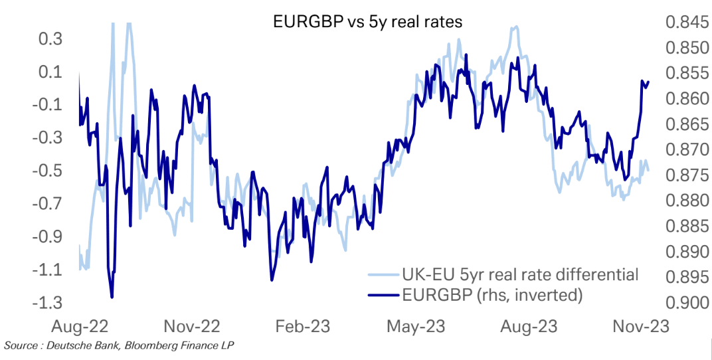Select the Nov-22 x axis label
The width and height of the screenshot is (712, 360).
[x=191, y=327]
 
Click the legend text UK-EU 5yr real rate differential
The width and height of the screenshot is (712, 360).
[x=520, y=274]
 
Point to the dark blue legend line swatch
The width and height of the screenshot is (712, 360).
[x=381, y=295]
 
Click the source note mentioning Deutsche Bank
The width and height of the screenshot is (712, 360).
[x=120, y=345]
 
